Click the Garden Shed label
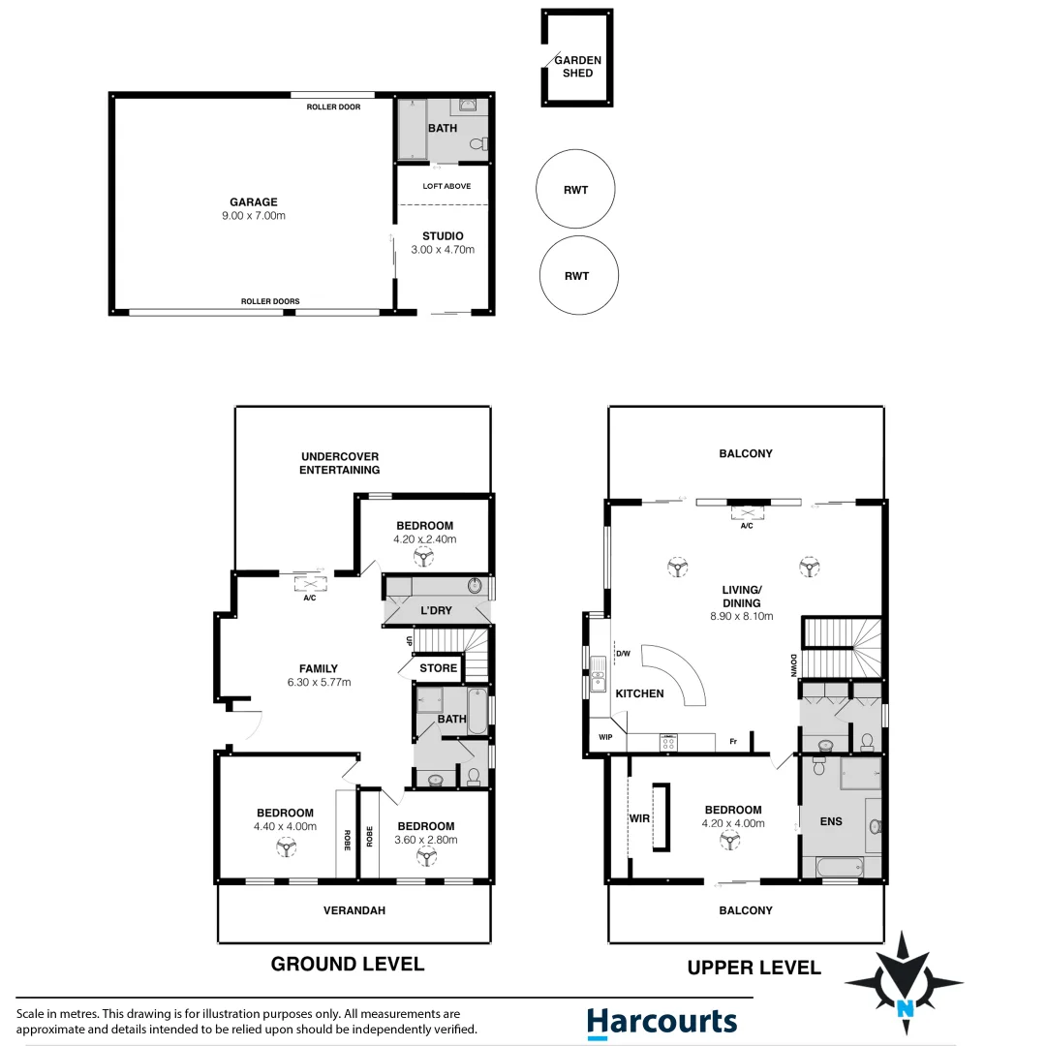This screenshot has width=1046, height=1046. tap(577, 66)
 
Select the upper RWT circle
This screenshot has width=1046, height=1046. tap(575, 191)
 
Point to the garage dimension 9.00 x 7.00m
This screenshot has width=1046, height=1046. tap(253, 216)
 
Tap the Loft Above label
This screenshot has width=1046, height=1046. tap(446, 186)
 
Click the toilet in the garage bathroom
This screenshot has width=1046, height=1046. tap(477, 144)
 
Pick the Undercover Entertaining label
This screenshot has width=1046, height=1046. tap(339, 463)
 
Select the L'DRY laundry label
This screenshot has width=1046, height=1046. tap(436, 613)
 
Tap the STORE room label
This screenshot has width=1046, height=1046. tap(438, 668)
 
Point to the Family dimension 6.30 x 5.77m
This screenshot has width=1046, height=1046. tap(319, 682)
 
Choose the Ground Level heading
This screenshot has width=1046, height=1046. tap(347, 964)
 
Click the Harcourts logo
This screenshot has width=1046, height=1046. tap(661, 1022)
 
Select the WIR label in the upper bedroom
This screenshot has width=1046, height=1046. tap(640, 818)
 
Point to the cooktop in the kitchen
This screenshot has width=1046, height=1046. tap(668, 742)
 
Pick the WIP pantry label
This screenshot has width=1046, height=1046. tap(604, 736)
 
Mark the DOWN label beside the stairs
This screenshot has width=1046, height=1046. tap(793, 665)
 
